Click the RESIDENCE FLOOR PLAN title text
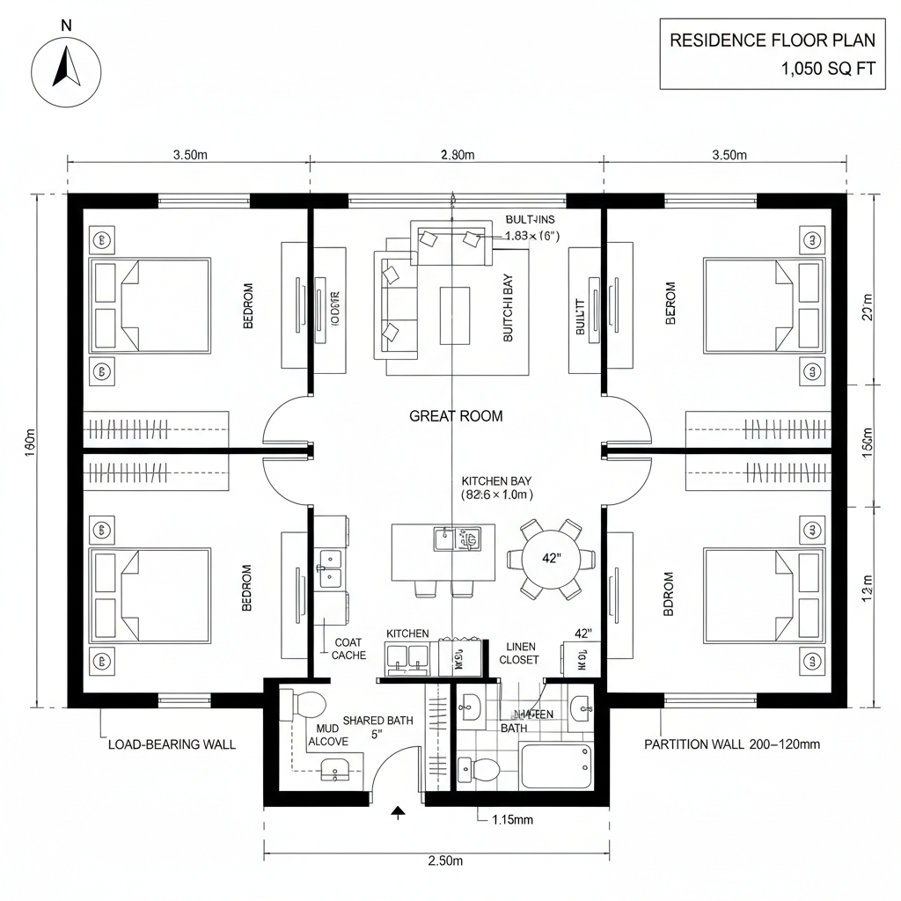pos(773,40)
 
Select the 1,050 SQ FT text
pos(828,70)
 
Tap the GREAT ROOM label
pos(456,416)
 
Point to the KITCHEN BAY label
pos(496,481)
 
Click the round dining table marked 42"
pos(552,558)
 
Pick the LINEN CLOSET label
pos(518,653)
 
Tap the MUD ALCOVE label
pos(327,736)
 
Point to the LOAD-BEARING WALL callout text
pos(172,744)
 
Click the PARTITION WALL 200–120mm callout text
pos(732,744)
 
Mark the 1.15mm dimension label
pos(510,820)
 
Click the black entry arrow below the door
pos(398,813)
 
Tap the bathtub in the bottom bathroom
pos(556,765)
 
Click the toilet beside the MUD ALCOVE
pos(304,706)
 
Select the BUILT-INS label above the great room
pos(531,219)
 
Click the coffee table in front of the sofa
pos(455,315)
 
